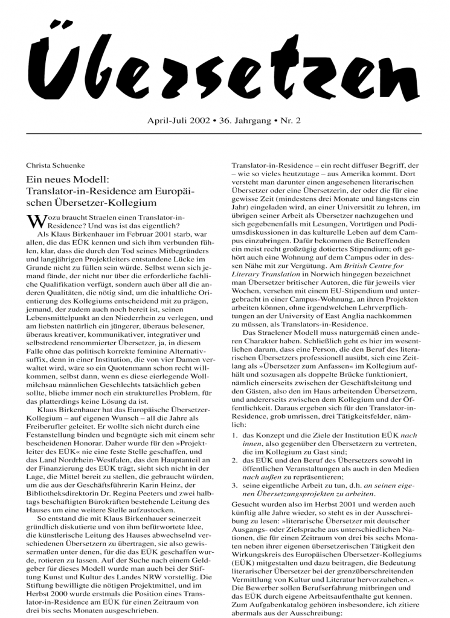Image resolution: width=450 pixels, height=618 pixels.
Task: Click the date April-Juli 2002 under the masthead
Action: (178, 121)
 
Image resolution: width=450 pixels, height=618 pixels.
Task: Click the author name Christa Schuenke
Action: (55, 165)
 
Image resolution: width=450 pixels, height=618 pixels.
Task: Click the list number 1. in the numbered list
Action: (236, 434)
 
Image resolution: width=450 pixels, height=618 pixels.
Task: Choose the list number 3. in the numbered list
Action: (236, 485)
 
